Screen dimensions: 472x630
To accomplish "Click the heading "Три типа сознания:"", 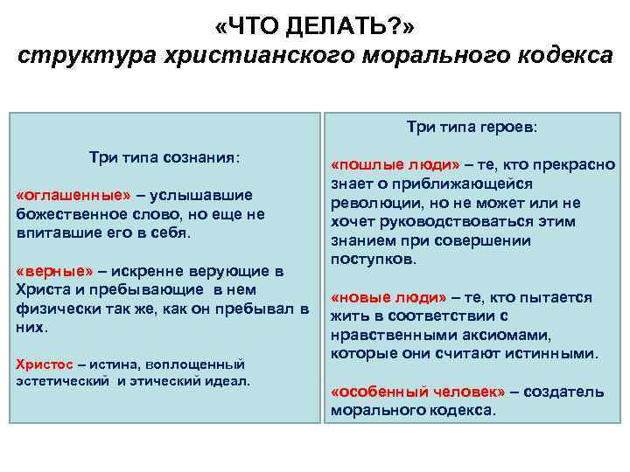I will coord(164,157).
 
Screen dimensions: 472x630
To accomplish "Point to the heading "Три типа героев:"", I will coord(472,127).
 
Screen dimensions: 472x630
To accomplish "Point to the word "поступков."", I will coord(374,260).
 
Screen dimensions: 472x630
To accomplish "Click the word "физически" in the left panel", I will coord(55,309).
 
